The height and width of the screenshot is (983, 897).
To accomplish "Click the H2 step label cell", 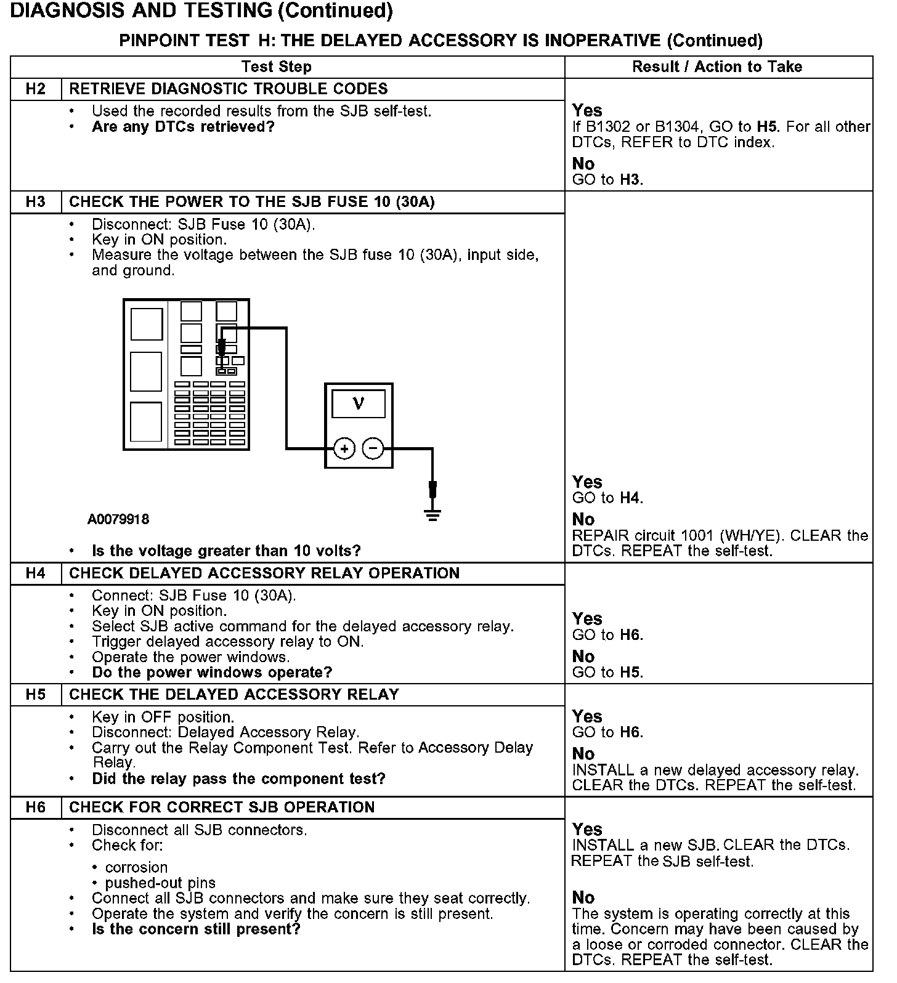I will [x=36, y=89].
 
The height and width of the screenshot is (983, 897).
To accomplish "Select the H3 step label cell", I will [x=36, y=202].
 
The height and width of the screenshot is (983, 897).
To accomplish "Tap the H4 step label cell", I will [x=36, y=573].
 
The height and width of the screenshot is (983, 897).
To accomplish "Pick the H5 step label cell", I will [x=36, y=695].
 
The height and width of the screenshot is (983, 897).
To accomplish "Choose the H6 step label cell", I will [x=36, y=807].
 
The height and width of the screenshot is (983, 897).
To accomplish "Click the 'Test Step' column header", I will [x=277, y=67].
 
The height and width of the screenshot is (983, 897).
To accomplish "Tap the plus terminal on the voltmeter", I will [x=344, y=448].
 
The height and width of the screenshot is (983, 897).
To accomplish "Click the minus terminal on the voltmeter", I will [x=373, y=448].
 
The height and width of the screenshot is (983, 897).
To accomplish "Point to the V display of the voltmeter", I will [x=359, y=404].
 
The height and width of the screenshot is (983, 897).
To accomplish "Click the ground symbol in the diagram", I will [x=433, y=514].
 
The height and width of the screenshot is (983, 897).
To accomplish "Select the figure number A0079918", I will [x=118, y=519].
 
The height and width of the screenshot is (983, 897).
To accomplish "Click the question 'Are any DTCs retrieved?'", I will [x=183, y=127].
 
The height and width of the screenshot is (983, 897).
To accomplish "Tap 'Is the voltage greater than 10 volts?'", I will [x=226, y=551].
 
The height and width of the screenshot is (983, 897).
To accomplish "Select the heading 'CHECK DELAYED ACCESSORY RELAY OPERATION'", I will [x=264, y=573].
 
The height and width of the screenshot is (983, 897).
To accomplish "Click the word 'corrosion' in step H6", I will [x=136, y=867].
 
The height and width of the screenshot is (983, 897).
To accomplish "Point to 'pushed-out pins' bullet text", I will [x=160, y=883].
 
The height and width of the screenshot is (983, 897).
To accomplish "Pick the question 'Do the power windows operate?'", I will [x=212, y=672].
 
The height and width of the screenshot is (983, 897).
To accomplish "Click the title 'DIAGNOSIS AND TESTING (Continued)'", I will [x=201, y=11].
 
